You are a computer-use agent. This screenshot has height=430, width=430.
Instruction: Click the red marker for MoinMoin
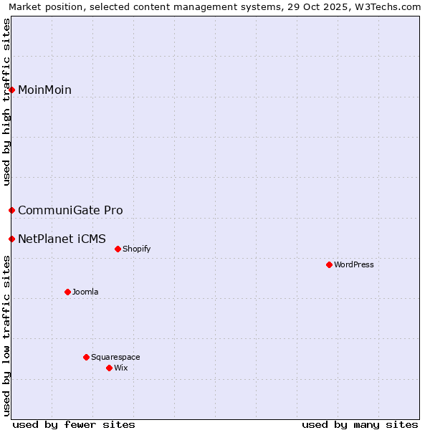click(x=12, y=90)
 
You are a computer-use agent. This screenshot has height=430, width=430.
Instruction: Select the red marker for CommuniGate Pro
click(x=12, y=210)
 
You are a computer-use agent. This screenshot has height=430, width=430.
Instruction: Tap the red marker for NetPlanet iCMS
click(x=12, y=239)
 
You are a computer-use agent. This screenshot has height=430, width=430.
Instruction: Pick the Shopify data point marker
click(x=118, y=249)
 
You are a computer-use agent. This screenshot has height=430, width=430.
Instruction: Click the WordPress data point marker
click(x=330, y=264)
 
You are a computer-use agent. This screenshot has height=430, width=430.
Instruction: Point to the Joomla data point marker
click(x=68, y=292)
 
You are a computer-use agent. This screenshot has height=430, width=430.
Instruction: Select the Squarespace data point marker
click(x=87, y=357)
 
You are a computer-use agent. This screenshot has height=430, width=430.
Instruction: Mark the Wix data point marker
click(x=110, y=368)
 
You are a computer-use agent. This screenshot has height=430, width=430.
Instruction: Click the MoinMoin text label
click(x=44, y=90)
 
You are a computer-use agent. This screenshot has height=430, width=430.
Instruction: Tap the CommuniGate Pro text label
click(x=70, y=210)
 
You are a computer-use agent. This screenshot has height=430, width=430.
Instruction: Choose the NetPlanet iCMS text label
click(x=62, y=239)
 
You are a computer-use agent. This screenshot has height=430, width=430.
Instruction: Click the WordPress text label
click(x=354, y=264)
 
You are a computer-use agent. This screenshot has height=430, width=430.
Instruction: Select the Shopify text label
click(x=136, y=249)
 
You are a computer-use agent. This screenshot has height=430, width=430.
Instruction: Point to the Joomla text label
click(x=85, y=292)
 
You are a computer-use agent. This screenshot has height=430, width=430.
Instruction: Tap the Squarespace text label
click(x=115, y=357)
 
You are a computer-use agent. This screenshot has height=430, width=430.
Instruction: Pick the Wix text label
click(x=120, y=368)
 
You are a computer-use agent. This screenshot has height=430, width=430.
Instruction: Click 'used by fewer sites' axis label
click(x=74, y=424)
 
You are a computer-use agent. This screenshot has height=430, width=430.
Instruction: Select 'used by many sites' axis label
click(x=360, y=424)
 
